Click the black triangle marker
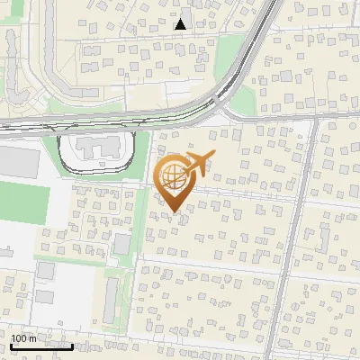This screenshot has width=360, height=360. (181, 24)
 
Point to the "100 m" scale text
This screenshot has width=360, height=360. (23, 338)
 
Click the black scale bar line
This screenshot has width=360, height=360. (41, 346)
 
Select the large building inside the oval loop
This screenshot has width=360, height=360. (96, 147)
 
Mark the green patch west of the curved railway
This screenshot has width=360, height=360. (229, 54)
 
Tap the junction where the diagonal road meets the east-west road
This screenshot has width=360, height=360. (316, 118)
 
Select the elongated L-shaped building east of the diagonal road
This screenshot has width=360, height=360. (323, 238)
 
